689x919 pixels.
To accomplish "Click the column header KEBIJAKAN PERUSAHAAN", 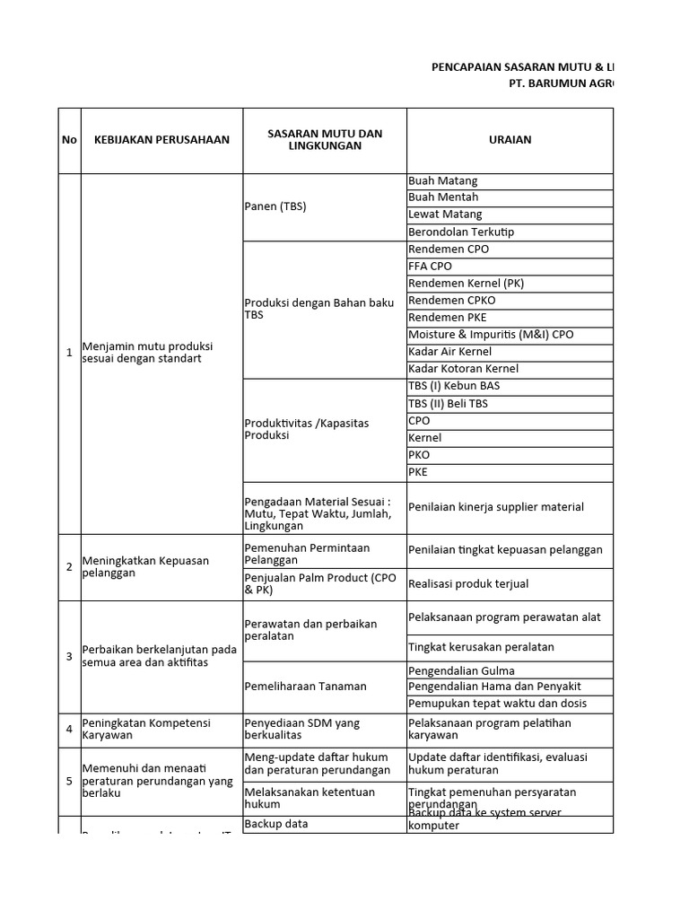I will [161, 140].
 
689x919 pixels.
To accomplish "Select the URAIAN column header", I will [510, 140].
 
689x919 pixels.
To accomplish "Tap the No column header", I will [69, 140].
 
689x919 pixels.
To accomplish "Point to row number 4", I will [69, 730].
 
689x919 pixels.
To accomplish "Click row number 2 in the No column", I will [69, 567].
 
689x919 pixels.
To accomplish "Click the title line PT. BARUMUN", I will [562, 83].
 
